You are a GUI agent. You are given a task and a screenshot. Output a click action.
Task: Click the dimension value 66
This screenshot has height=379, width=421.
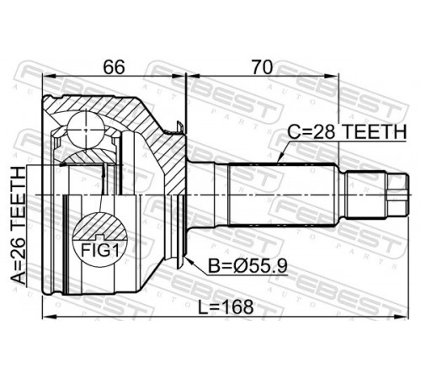pyautogui.click(x=114, y=67)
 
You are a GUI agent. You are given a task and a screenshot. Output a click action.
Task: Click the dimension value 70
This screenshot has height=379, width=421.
pyautogui.click(x=262, y=67)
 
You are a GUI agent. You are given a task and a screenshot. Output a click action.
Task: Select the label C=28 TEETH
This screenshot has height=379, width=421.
pyautogui.click(x=347, y=131)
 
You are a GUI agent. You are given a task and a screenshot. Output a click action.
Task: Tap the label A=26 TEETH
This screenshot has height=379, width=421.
pyautogui.click(x=19, y=225)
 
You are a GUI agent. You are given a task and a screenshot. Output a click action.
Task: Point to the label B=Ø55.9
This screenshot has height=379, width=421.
pyautogui.click(x=248, y=266)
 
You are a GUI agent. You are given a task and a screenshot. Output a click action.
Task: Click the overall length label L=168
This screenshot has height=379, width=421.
pyautogui.click(x=226, y=307)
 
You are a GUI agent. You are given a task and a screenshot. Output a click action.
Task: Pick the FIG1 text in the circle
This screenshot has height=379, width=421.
pyautogui.click(x=100, y=250)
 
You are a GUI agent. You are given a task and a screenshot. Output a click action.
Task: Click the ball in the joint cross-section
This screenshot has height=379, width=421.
pyautogui.click(x=86, y=130)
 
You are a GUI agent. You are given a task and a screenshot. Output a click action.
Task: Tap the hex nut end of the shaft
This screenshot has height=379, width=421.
pyautogui.click(x=397, y=195)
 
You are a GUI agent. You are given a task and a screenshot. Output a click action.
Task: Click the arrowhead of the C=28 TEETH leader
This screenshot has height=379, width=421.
pyautogui.click(x=279, y=159)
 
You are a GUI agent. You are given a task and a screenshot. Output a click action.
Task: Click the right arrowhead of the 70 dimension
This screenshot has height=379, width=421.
pyautogui.click(x=332, y=76)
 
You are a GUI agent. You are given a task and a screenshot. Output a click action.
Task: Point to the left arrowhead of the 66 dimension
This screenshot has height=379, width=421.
pyautogui.click(x=50, y=76)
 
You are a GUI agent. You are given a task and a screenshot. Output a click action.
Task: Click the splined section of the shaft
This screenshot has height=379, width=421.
pyautogui.click(x=282, y=195)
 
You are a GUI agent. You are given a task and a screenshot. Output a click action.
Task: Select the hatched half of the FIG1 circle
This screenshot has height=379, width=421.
pyautogui.click(x=100, y=227)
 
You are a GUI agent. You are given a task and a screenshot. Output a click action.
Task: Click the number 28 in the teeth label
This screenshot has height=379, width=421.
pyautogui.click(x=324, y=131)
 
